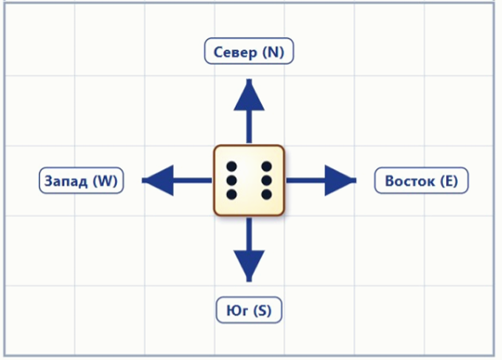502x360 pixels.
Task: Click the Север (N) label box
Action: click(248, 51)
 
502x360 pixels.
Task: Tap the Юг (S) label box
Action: click(248, 310)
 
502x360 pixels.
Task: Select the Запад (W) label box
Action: click(81, 180)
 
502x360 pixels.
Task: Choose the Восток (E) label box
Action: click(421, 180)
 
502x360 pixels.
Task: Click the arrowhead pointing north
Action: click(249, 95)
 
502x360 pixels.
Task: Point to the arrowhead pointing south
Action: click(249, 266)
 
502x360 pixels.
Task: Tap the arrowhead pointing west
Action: click(158, 180)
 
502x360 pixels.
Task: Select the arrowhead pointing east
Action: click(341, 180)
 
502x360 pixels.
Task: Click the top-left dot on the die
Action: click(231, 167)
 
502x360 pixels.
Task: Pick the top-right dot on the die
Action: click(266, 167)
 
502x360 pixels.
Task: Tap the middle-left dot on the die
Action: click(231, 180)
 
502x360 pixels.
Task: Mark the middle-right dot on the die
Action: click(266, 180)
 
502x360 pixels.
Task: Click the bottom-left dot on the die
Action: click(231, 195)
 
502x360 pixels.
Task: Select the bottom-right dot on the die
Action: click(266, 195)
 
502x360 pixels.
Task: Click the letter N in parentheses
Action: click(273, 52)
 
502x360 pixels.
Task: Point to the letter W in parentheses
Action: click(105, 181)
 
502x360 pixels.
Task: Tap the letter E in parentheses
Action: click(448, 181)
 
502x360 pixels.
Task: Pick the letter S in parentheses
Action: click(262, 311)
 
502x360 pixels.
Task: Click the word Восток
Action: click(410, 181)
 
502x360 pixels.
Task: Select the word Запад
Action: click(66, 181)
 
